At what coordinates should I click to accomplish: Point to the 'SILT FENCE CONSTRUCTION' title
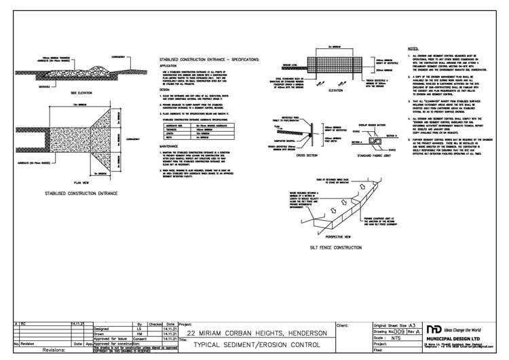click(334, 249)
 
